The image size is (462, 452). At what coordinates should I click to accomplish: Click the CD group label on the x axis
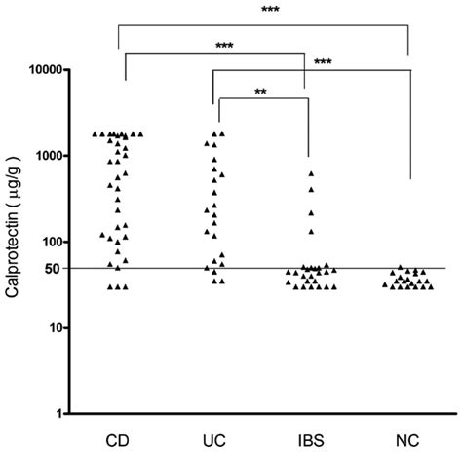[117, 438]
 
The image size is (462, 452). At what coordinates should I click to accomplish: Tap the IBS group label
[310, 438]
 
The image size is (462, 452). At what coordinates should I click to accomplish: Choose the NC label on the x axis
[407, 438]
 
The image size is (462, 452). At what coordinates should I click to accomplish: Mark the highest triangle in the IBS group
[311, 174]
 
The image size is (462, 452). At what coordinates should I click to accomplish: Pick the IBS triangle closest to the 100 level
[311, 231]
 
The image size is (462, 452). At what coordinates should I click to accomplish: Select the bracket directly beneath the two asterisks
[261, 99]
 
